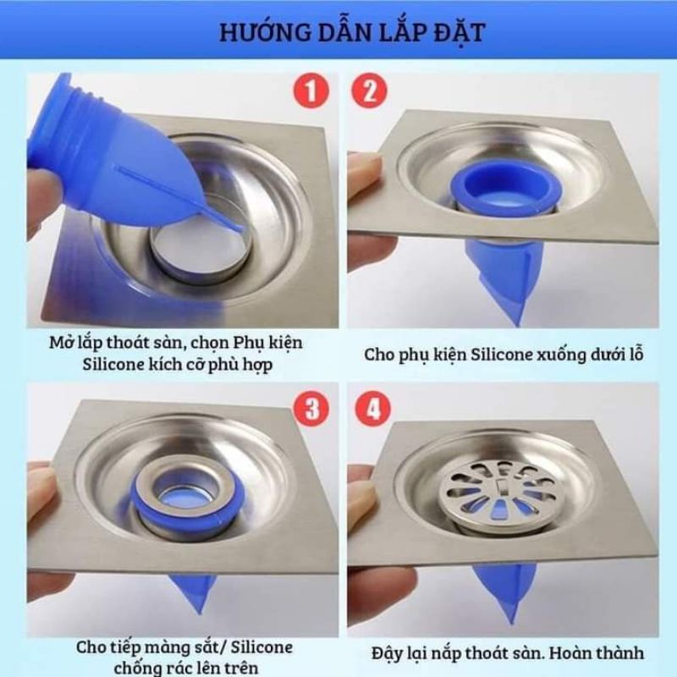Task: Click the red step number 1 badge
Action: pyautogui.click(x=312, y=91)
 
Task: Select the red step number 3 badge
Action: pyautogui.click(x=312, y=409)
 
